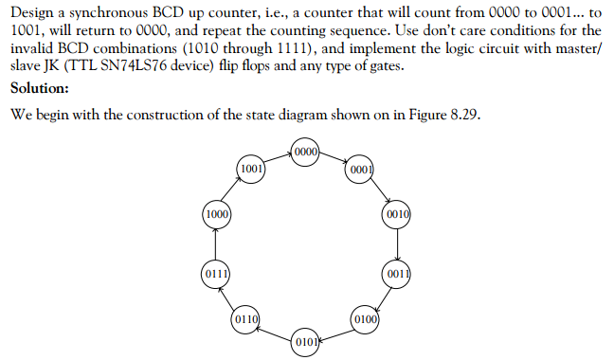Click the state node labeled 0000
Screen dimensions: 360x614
(x=306, y=153)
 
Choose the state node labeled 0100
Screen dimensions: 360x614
(x=366, y=317)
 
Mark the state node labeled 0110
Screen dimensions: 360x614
(x=246, y=318)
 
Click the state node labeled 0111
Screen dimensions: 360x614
(x=216, y=275)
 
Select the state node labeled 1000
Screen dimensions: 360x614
(x=216, y=215)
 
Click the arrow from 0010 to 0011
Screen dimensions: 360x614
(x=398, y=244)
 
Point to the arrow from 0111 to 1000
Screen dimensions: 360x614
(x=216, y=244)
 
